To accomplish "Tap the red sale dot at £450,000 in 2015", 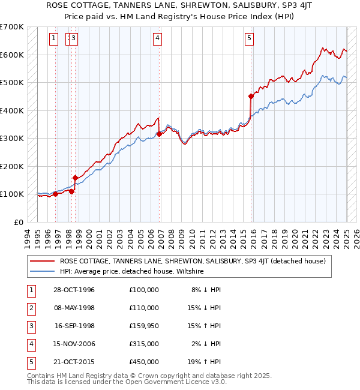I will [251, 96].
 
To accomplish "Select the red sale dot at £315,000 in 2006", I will [159, 134].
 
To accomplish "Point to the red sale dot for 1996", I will [55, 194].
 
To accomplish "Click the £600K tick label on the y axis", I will [11, 55].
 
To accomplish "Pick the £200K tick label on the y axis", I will [11, 166].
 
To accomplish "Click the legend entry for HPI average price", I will [132, 271].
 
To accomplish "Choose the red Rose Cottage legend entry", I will [192, 261].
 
